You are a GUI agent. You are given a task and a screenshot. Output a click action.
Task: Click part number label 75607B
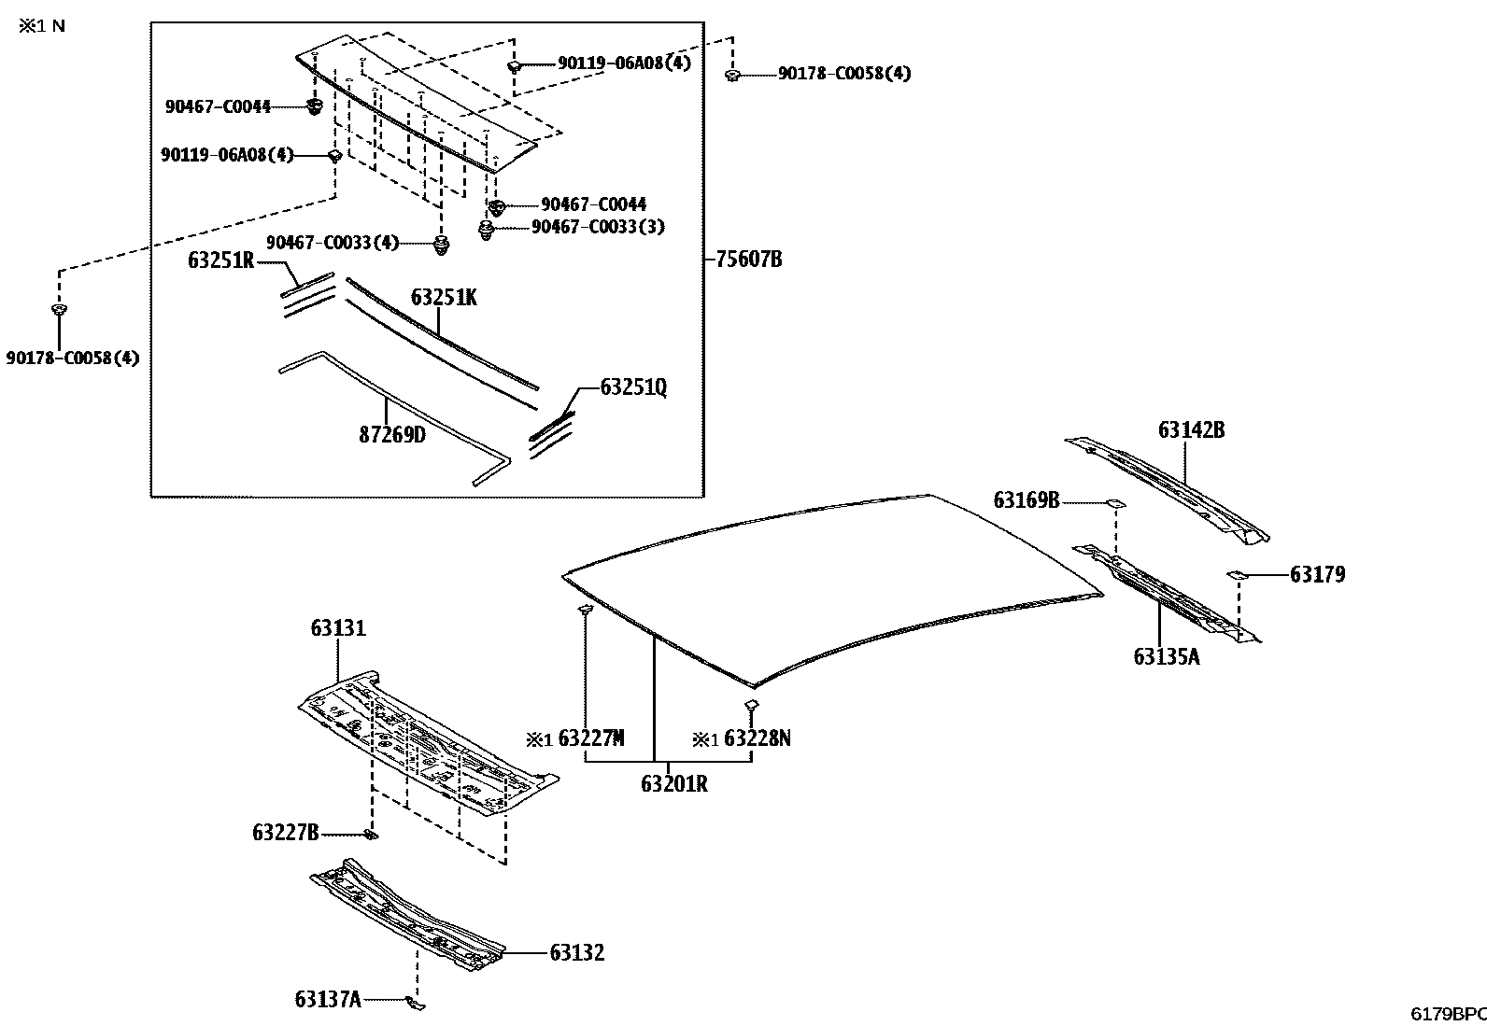click(748, 260)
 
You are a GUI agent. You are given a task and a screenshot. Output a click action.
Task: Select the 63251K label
click(444, 298)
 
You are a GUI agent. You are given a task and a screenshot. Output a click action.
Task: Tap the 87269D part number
click(392, 434)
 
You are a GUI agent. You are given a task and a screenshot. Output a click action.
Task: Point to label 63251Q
click(633, 387)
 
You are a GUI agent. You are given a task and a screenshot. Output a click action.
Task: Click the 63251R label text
click(220, 260)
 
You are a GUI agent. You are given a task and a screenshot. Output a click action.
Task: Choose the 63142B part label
click(1191, 430)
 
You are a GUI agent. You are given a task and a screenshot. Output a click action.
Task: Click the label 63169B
click(1026, 500)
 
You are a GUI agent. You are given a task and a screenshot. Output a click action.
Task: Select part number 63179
click(1317, 575)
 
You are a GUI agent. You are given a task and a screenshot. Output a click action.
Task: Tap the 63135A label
click(1166, 657)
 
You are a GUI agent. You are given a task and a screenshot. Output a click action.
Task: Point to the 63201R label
click(673, 784)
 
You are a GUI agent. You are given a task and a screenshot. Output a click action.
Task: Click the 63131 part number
click(338, 628)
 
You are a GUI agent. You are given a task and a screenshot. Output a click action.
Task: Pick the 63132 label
click(576, 953)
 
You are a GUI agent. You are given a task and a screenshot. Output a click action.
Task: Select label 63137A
click(327, 1000)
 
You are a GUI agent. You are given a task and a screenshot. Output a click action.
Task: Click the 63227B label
click(285, 832)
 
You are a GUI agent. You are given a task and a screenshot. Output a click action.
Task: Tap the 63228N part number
click(758, 738)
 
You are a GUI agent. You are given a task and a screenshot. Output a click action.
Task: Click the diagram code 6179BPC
click(1447, 1014)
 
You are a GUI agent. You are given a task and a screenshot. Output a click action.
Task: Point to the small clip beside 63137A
click(415, 1004)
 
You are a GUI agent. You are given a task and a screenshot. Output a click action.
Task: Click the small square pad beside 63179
click(1236, 575)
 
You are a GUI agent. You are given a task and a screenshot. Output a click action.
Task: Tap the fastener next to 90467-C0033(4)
click(443, 247)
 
